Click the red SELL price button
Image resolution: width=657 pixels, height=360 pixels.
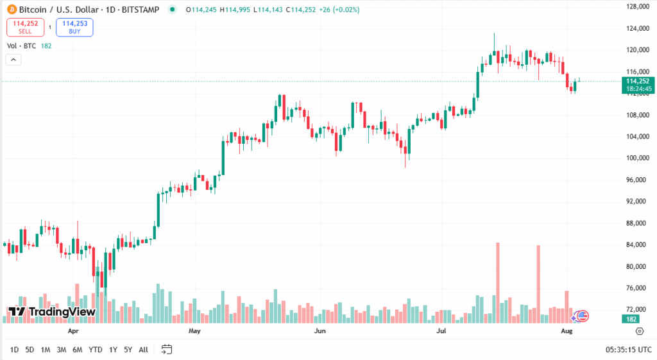pos(25,27)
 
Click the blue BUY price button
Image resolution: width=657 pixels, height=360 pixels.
pos(74,27)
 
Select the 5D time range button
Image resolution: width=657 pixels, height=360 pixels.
pos(30,350)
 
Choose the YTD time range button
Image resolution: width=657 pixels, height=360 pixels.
pos(95,350)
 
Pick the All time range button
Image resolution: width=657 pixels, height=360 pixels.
pos(143,350)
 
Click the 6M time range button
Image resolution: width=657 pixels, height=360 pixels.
pos(77,350)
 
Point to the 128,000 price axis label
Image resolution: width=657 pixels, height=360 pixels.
pos(638,6)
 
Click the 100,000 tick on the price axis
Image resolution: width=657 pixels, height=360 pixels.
pos(638,158)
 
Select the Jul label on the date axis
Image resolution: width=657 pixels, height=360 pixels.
pos(441,332)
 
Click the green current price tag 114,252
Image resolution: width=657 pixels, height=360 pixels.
pos(638,81)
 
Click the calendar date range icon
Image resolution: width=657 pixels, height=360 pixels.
pos(167,350)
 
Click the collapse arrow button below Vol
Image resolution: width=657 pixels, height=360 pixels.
pos(13,60)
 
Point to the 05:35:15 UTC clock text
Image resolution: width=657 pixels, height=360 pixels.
pos(629,350)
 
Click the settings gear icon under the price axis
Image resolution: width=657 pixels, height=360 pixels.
pos(639,331)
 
